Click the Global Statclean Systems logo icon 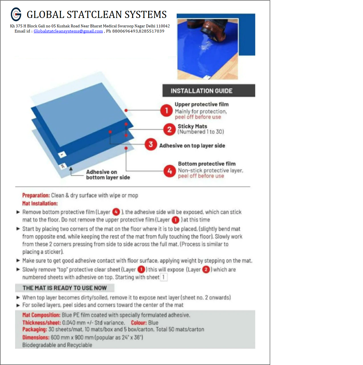[x=16, y=14]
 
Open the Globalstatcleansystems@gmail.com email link [x=68, y=31]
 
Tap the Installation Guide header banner [x=209, y=91]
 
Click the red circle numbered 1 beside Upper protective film [x=166, y=110]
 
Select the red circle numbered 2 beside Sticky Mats [x=169, y=129]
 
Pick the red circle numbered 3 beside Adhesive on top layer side [x=151, y=144]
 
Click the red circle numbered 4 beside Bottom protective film [x=170, y=171]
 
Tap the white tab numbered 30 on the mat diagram [x=63, y=166]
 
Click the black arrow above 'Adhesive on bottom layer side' [x=71, y=172]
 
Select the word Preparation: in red [x=36, y=195]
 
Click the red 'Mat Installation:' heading [x=40, y=203]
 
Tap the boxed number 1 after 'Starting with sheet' [x=164, y=277]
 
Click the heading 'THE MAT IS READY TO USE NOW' [x=65, y=288]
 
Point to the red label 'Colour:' [x=139, y=323]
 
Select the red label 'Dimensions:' [x=36, y=337]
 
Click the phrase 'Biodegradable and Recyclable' [x=57, y=345]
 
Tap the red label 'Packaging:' [x=35, y=329]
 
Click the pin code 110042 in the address [x=163, y=26]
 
